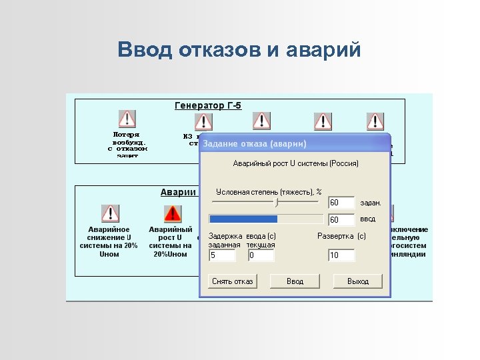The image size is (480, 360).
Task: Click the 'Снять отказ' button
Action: pos(232,281)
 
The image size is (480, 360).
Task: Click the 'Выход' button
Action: pos(358,281)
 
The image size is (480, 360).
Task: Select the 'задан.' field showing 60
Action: pos(341,202)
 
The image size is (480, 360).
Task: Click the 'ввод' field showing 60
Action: pos(341,219)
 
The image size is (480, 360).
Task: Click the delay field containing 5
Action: pos(222,255)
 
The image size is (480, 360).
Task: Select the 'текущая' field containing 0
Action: pos(261,255)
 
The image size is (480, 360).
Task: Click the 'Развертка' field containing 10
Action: pos(341,255)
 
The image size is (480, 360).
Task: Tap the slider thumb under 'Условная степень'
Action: pos(277,201)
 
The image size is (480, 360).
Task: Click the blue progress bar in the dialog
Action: pos(243,219)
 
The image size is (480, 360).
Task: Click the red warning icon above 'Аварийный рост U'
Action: pos(172,213)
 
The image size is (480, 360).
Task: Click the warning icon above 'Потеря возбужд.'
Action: pos(127,119)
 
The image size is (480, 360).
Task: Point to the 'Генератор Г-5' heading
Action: pos(208,105)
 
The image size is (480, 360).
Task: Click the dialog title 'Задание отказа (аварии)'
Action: pos(255,144)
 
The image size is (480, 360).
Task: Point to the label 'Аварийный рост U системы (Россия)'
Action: pos(295,163)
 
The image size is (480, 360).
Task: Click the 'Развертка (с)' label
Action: pos(341,236)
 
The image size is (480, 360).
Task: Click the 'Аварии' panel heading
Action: pos(178,192)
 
